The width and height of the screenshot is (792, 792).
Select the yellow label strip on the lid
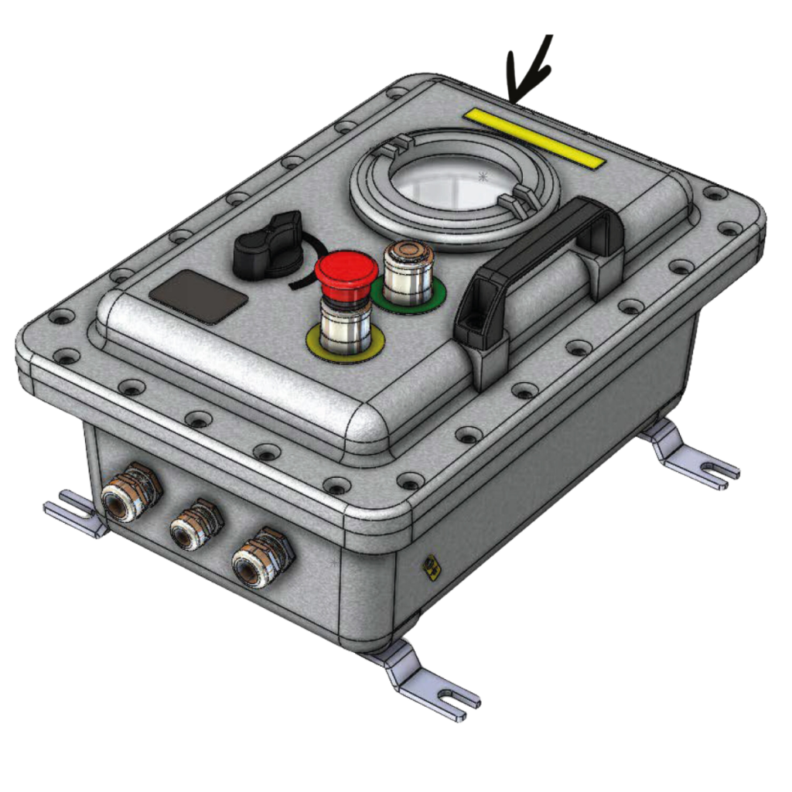534,137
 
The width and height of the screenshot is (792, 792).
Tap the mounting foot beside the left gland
73,512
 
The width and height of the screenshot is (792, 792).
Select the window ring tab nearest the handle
516,203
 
